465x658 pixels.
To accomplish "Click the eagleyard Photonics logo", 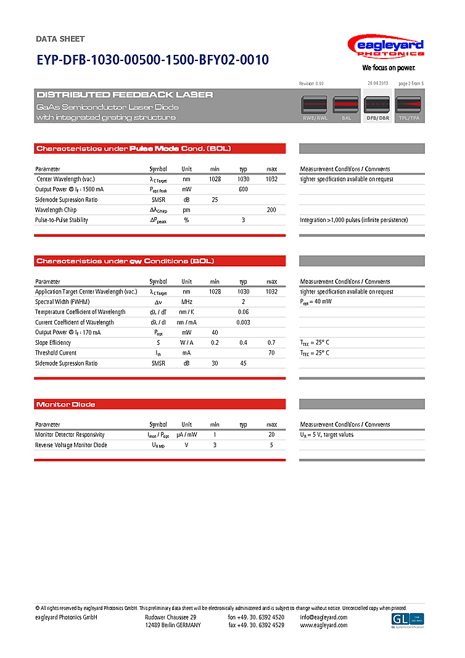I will click(x=386, y=47).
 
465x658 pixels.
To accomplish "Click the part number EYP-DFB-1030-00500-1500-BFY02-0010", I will click(x=152, y=60).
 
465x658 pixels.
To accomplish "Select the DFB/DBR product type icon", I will click(x=377, y=107).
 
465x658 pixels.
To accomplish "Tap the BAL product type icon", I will click(x=346, y=107).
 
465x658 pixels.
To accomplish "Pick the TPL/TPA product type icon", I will click(x=408, y=107).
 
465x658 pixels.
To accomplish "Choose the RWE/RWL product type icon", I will click(x=315, y=107).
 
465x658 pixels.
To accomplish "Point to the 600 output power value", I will click(x=243, y=189).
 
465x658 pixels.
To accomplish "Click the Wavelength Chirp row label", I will click(x=56, y=210).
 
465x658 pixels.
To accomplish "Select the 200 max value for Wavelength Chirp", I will click(x=271, y=210).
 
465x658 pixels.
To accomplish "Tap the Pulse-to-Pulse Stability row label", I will click(x=62, y=220).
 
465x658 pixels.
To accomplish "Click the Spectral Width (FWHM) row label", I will click(x=62, y=302).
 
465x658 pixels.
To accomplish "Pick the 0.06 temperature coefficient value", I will click(x=243, y=312).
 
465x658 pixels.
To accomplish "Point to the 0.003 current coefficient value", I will click(x=243, y=322).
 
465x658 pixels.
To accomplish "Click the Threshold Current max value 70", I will click(x=271, y=353).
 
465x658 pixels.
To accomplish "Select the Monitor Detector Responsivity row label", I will click(x=70, y=435).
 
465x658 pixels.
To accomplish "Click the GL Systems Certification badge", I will click(x=408, y=620).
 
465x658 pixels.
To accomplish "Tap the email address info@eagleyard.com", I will click(x=324, y=617).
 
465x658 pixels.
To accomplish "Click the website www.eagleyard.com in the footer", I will click(x=324, y=625).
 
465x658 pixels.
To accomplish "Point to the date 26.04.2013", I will click(x=377, y=83).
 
